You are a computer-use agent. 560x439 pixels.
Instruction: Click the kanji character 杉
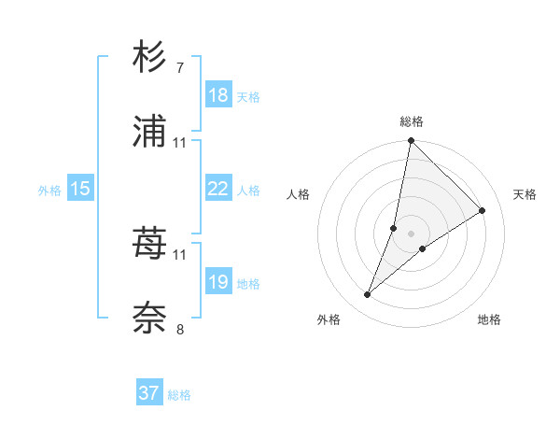pos(150,57)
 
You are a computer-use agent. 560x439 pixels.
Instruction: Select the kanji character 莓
pos(150,245)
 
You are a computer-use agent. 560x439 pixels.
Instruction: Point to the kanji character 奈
pos(150,319)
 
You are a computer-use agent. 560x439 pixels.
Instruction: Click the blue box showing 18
pos(218,95)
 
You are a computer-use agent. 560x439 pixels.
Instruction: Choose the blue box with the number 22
pos(218,190)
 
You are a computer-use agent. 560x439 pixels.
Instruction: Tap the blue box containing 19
pos(218,282)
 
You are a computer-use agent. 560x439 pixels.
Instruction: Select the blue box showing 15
pos(80,190)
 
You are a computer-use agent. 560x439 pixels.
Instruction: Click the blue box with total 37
pos(148,393)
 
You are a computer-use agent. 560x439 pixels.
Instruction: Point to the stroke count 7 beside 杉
pos(180,68)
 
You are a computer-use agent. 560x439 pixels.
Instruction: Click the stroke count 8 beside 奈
pos(180,329)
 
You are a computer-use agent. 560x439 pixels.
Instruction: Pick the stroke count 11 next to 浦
pos(180,143)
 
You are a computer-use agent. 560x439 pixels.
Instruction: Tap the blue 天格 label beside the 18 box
pos(248,97)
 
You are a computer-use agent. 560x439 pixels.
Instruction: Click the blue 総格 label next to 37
pos(179,395)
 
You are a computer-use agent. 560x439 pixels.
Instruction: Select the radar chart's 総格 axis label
pos(412,121)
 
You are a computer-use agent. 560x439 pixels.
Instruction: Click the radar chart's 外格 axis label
pos(329,319)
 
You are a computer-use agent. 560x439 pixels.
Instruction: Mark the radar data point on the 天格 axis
pos(483,210)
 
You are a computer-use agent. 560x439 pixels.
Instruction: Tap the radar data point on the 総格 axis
pos(411,142)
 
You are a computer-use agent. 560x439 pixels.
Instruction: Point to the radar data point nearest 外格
pos(367,295)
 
